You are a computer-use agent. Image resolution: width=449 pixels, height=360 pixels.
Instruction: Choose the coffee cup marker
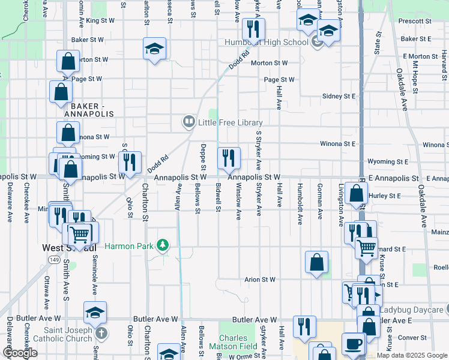click(354, 344)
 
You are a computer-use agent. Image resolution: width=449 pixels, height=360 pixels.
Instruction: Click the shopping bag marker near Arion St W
click(316, 262)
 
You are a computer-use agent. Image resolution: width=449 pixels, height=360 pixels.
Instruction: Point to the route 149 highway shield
click(54, 260)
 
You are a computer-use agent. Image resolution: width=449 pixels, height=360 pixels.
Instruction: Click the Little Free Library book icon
click(188, 122)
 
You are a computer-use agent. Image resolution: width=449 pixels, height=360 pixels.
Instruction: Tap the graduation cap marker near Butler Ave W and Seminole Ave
click(95, 313)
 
